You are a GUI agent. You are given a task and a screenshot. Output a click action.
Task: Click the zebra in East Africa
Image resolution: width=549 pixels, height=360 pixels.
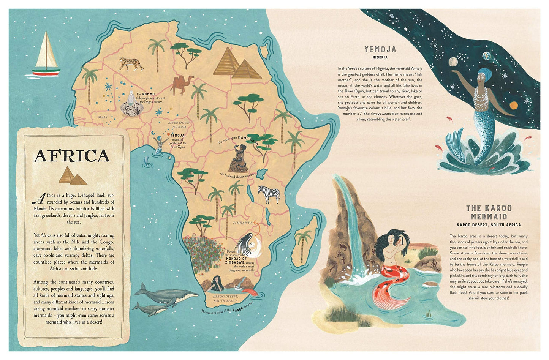click(x=269, y=194)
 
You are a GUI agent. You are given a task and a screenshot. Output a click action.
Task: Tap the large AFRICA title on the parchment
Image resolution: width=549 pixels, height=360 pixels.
click(x=72, y=156)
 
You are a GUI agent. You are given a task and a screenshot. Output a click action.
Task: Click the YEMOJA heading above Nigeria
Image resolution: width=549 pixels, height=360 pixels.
click(x=380, y=49)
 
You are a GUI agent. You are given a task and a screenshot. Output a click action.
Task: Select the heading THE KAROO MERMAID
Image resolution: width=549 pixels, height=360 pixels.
click(x=489, y=212)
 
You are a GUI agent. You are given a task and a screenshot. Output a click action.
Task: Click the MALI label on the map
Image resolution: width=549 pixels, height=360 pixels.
click(x=103, y=117)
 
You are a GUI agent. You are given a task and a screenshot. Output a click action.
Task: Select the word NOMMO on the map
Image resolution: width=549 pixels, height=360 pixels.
click(x=148, y=94)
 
